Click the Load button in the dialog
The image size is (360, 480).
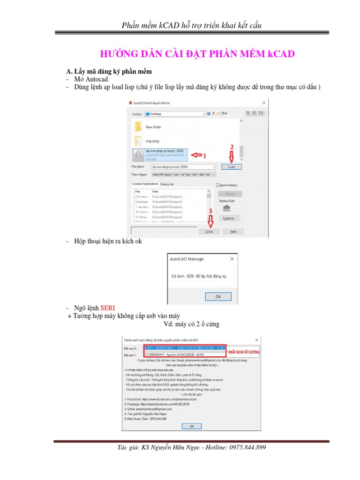232,167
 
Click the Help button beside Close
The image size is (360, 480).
233,232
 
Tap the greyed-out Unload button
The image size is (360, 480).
230,194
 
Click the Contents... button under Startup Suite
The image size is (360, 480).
229,218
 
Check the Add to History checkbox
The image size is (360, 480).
217,185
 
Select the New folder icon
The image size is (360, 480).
138,127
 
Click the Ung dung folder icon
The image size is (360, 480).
138,141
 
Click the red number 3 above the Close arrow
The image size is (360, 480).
210,211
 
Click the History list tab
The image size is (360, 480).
167,184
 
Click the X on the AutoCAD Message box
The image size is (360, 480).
232,258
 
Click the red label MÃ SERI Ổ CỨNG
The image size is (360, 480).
244,352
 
